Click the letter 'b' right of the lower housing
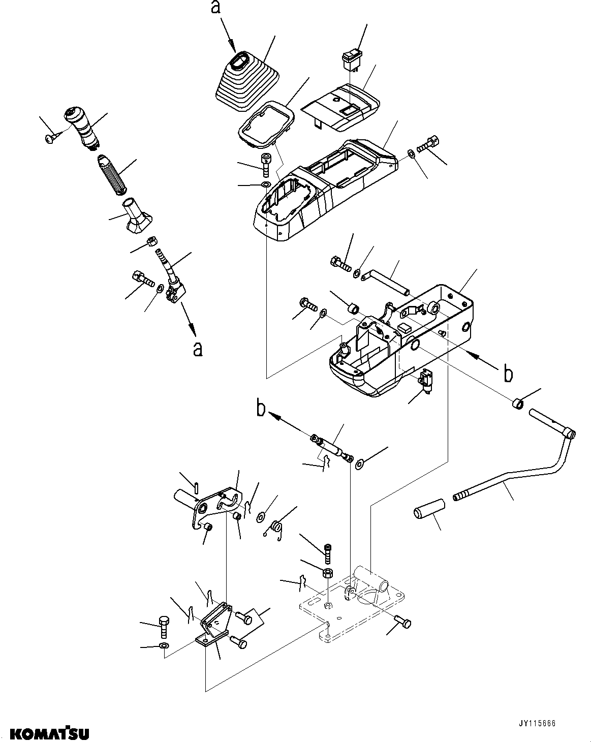tap(508, 374)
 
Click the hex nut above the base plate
tap(327, 574)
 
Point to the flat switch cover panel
tap(341, 106)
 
